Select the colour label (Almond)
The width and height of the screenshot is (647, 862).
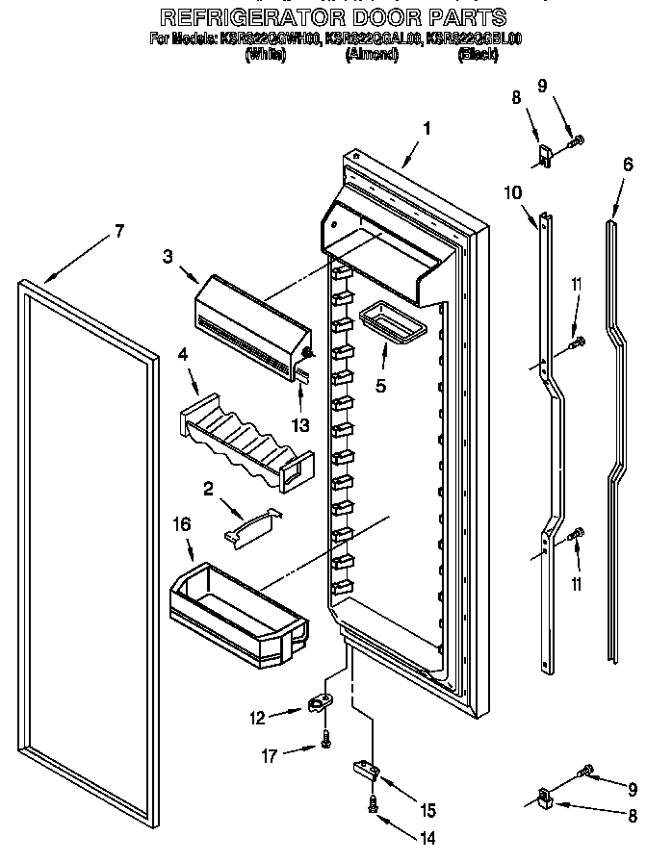[x=372, y=56]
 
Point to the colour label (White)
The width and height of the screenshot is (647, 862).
[x=266, y=56]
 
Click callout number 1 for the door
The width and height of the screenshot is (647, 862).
[x=427, y=128]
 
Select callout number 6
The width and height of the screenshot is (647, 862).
[x=628, y=164]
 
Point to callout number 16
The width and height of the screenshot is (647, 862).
[x=182, y=524]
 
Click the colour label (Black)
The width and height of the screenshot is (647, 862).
[x=479, y=56]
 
